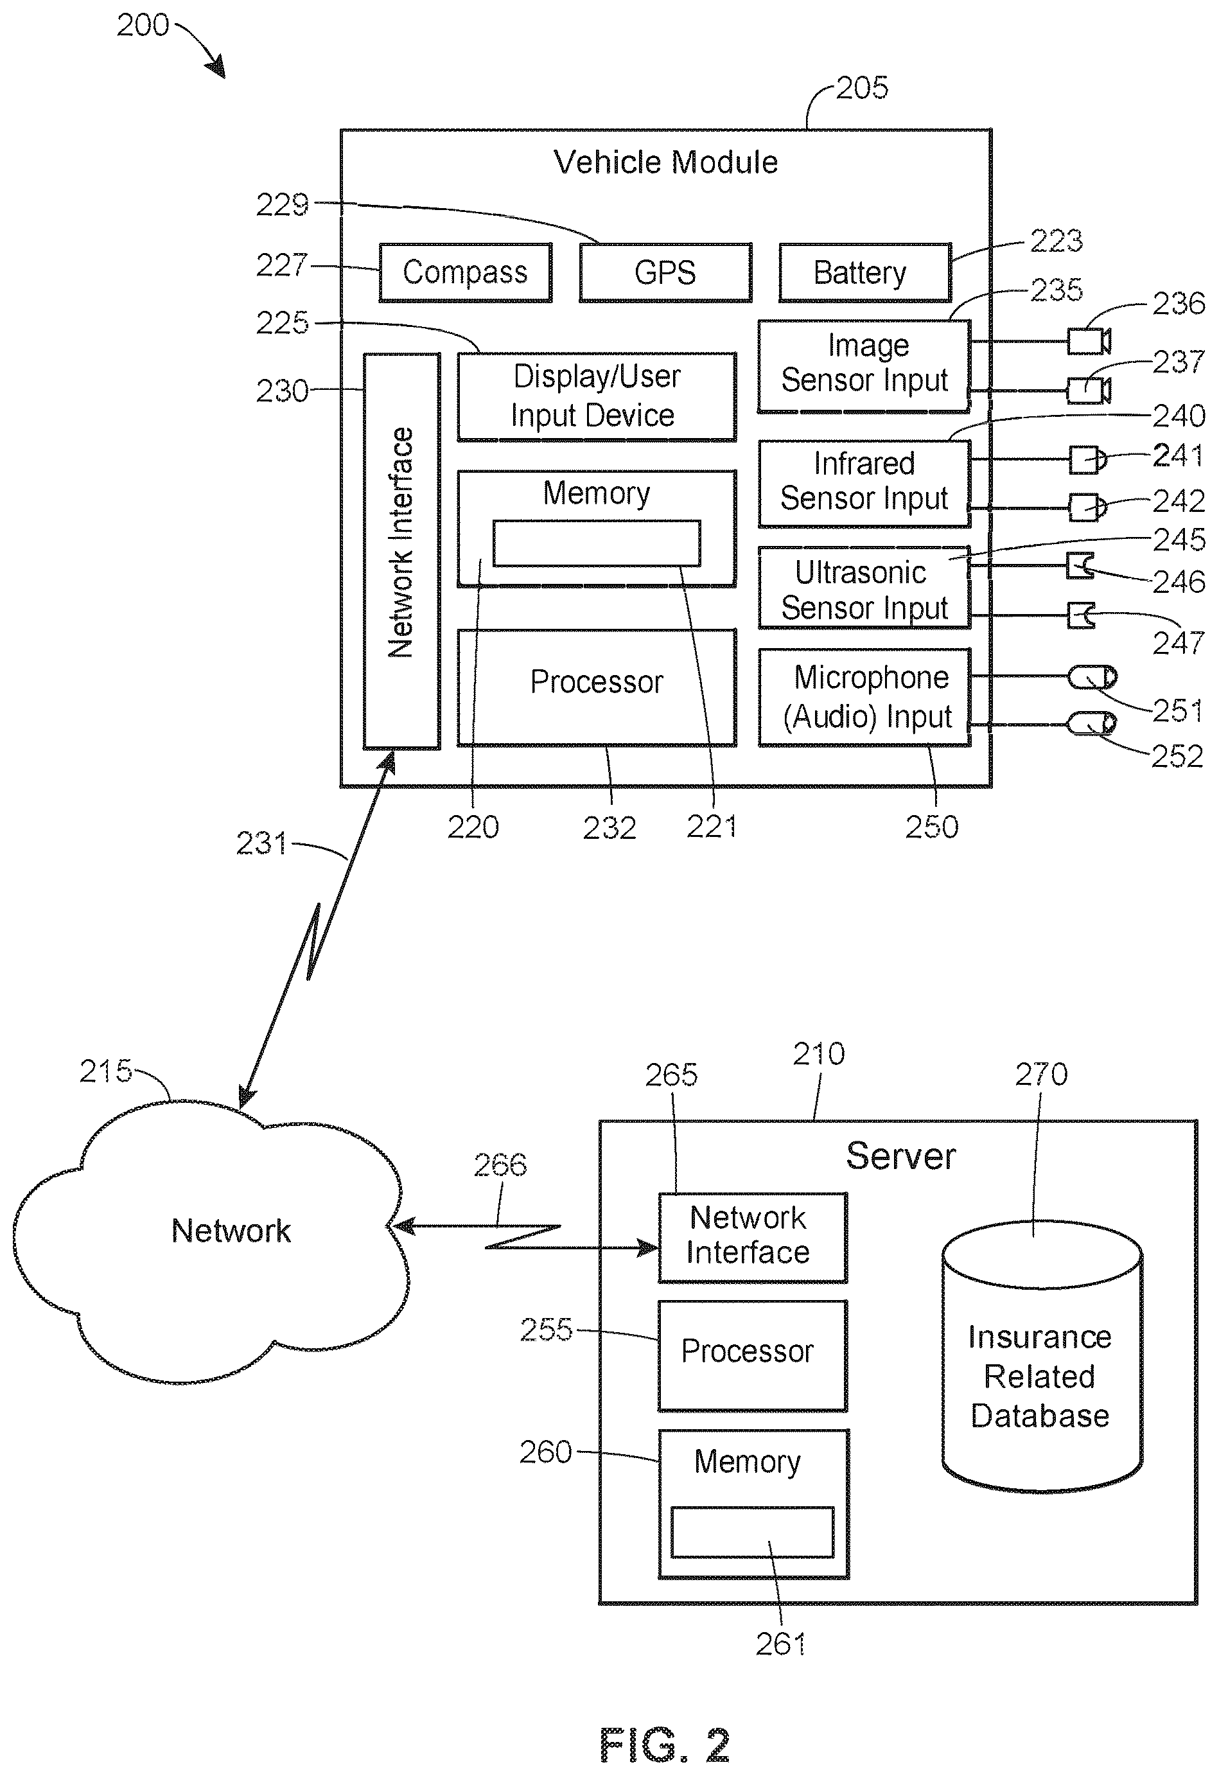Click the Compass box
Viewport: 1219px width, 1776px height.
coord(466,273)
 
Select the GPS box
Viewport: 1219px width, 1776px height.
coord(665,273)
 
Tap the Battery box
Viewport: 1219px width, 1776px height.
coord(865,273)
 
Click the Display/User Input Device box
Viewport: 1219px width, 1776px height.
coord(597,396)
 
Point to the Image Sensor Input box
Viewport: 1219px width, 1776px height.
coord(864,367)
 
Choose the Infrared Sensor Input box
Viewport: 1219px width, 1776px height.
coord(864,484)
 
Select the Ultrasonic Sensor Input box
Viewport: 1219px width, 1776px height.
coord(864,588)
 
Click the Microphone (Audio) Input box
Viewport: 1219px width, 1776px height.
coord(864,697)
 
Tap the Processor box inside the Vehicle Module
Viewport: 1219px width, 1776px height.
coord(597,687)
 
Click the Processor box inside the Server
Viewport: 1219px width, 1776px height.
coord(753,1356)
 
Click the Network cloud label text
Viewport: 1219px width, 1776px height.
coord(231,1231)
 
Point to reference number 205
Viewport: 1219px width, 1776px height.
coord(862,88)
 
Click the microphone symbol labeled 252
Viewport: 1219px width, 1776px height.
coord(1091,723)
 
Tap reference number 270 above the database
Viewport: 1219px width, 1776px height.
coord(1041,1075)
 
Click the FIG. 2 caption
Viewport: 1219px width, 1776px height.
coord(665,1745)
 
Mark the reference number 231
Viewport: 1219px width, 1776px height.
coord(261,843)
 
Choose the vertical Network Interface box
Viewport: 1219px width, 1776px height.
coord(401,551)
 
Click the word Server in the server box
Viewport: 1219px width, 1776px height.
coord(900,1156)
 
